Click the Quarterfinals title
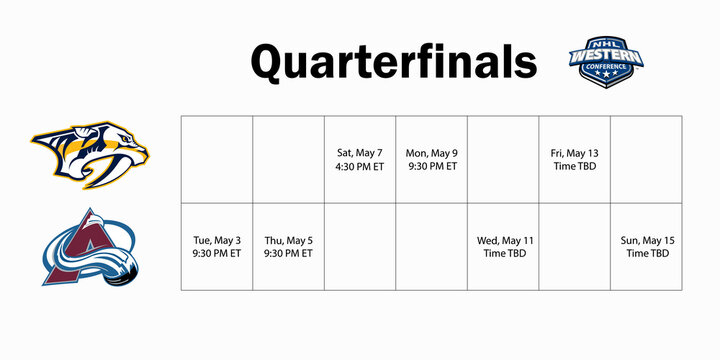pos(393,62)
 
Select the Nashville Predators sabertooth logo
pos(89,155)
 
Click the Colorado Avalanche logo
pos(89,247)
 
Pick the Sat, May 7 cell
pos(360,159)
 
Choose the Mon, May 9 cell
pos(431,159)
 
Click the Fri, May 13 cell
pos(574,159)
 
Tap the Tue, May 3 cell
pos(216,247)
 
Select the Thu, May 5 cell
pos(288,247)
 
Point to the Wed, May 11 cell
pos(503,247)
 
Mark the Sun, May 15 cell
pos(646,247)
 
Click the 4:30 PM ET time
pos(360,166)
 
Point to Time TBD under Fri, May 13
pos(574,166)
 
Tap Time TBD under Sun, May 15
pos(646,254)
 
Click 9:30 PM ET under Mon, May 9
pos(431,166)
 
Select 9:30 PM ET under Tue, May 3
pos(216,254)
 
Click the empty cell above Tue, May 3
pos(216,159)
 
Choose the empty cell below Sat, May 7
pos(360,247)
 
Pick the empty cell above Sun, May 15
pos(646,159)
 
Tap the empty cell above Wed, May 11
pos(503,159)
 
